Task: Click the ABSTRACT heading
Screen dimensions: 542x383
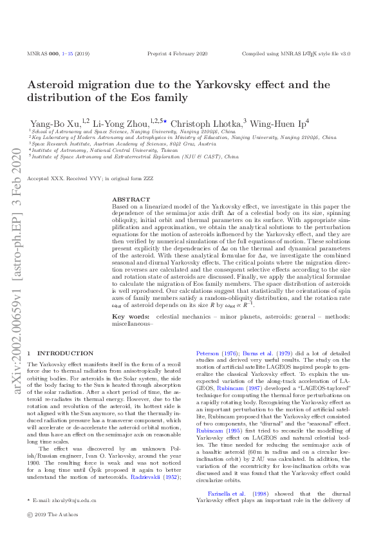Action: point(131,200)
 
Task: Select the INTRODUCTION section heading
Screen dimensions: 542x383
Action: point(65,353)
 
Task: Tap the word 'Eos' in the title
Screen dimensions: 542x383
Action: point(132,98)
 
